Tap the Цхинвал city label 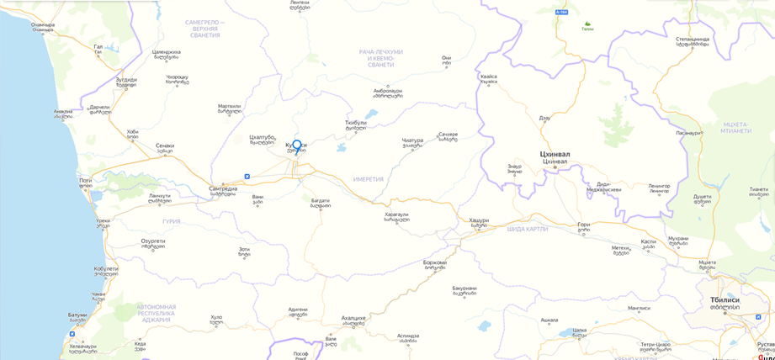point(555,155)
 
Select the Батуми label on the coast point(78,315)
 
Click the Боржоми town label point(434,262)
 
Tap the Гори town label point(584,225)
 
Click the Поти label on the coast point(85,180)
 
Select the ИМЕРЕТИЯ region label point(369,179)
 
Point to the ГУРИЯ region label point(172,221)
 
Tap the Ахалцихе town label point(353,319)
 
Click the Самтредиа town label point(223,188)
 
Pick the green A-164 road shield point(562,13)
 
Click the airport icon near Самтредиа point(247,177)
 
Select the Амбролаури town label point(387,91)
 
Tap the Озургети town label point(152,241)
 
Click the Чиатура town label point(412,140)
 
